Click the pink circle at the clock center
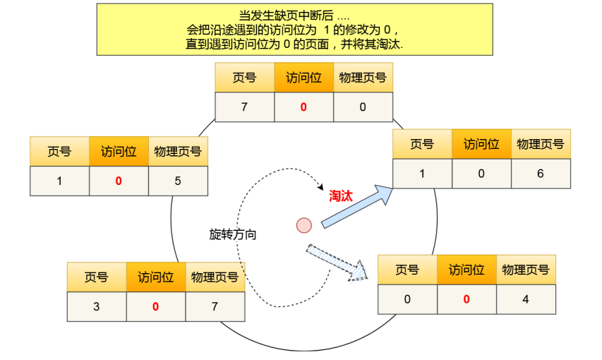[x=304, y=225]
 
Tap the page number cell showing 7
[x=244, y=107]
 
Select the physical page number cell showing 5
[x=178, y=181]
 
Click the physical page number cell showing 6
[x=541, y=173]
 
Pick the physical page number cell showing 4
[x=526, y=299]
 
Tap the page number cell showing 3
[x=97, y=306]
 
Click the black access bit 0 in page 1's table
[x=481, y=173]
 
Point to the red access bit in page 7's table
[x=303, y=107]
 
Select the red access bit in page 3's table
[x=156, y=306]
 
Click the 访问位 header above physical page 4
[x=466, y=270]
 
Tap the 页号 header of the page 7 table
[x=244, y=78]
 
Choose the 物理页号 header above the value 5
[x=178, y=151]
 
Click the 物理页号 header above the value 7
[x=215, y=277]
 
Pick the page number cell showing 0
[x=407, y=299]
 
